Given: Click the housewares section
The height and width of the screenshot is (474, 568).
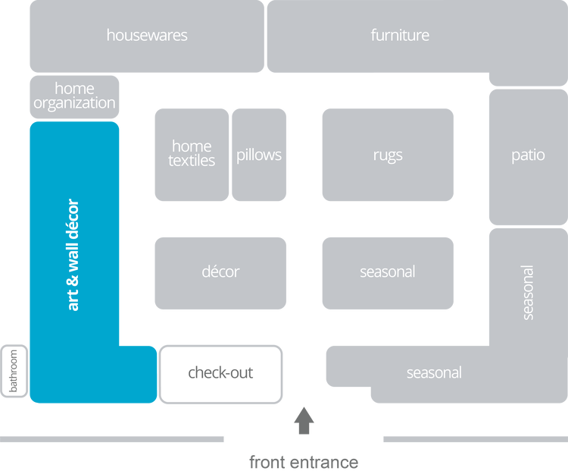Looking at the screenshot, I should [x=147, y=36].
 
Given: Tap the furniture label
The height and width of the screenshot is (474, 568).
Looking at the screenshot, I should [x=400, y=35].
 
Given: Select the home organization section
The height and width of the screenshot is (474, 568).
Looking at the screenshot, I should [x=74, y=96].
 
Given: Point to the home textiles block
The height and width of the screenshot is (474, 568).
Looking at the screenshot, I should [x=192, y=154].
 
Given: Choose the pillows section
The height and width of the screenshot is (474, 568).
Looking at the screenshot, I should [x=259, y=155].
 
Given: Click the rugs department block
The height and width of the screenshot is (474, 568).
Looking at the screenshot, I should [x=388, y=155].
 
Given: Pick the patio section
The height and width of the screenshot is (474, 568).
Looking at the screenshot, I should [x=528, y=155].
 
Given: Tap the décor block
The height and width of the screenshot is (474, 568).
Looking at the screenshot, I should [x=220, y=272].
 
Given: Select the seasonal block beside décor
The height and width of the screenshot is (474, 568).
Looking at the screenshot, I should [x=388, y=272].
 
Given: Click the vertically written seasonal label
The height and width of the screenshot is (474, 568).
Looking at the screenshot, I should [x=528, y=291].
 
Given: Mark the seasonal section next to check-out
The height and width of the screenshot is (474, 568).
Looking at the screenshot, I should [x=434, y=372].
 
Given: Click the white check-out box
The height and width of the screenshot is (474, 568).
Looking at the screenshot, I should [x=220, y=373].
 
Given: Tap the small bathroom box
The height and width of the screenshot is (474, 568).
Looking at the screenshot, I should [x=14, y=371].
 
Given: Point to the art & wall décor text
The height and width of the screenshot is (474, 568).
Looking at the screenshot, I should [x=73, y=255].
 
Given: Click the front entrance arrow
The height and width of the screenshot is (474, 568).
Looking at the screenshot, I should [x=304, y=420].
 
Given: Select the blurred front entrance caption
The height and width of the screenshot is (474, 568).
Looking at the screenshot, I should [x=304, y=461].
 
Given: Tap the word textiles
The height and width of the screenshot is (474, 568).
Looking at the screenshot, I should [x=192, y=161].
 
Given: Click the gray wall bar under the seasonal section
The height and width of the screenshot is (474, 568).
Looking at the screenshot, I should [x=474, y=438].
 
